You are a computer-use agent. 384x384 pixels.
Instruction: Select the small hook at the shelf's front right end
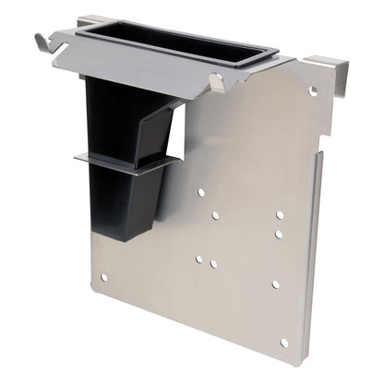216,83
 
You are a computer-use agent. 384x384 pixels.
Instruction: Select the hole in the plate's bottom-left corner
103,277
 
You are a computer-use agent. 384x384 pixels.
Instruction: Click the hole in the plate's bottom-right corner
283,342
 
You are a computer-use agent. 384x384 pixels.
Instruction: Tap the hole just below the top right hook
313,91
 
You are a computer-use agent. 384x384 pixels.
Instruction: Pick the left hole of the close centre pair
198,259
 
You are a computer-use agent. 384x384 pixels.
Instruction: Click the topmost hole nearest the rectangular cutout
200,193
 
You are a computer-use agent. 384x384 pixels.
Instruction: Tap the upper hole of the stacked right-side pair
280,214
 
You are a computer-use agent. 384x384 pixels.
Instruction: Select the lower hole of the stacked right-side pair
278,234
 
